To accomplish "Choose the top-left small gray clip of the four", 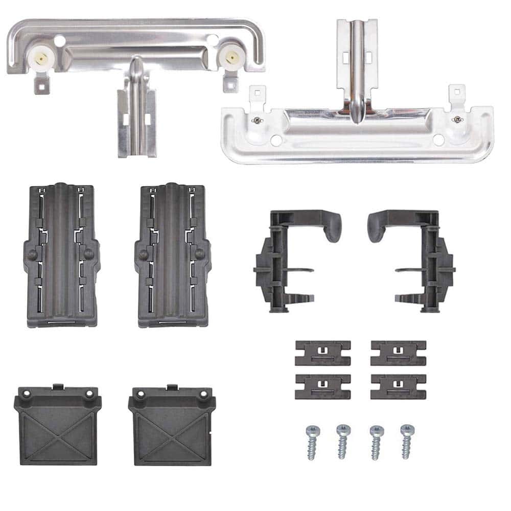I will [322, 353].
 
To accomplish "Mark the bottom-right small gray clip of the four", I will [398, 386].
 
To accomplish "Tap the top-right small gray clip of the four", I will [398, 353].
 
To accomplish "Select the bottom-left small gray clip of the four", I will [322, 386].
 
